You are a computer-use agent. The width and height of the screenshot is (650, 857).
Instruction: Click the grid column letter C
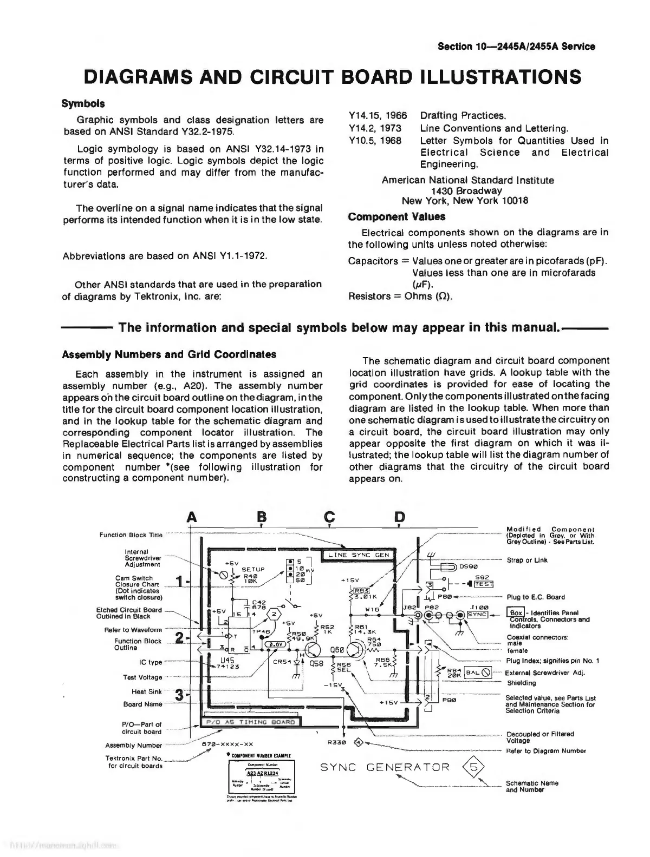pos(330,517)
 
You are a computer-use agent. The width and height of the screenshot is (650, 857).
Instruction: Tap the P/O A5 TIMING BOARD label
pos(250,722)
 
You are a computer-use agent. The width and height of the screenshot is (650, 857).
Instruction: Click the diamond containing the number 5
pos(473,767)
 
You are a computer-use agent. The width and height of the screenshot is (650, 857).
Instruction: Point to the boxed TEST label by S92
pos(483,584)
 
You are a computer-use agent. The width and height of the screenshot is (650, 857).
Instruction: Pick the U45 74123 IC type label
pos(230,663)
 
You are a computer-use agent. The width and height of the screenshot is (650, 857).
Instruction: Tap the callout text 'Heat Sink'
pos(147,691)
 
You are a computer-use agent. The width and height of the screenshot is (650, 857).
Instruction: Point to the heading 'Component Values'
pos(396,217)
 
